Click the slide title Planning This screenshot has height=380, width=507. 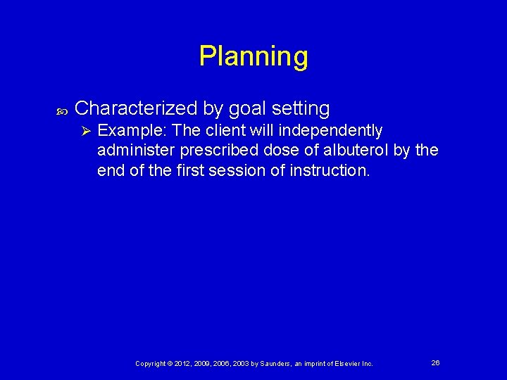(x=254, y=56)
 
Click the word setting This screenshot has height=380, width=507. (x=301, y=108)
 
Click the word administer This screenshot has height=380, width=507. (x=136, y=151)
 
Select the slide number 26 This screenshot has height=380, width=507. (x=435, y=362)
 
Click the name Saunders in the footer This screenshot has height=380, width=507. (x=279, y=363)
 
